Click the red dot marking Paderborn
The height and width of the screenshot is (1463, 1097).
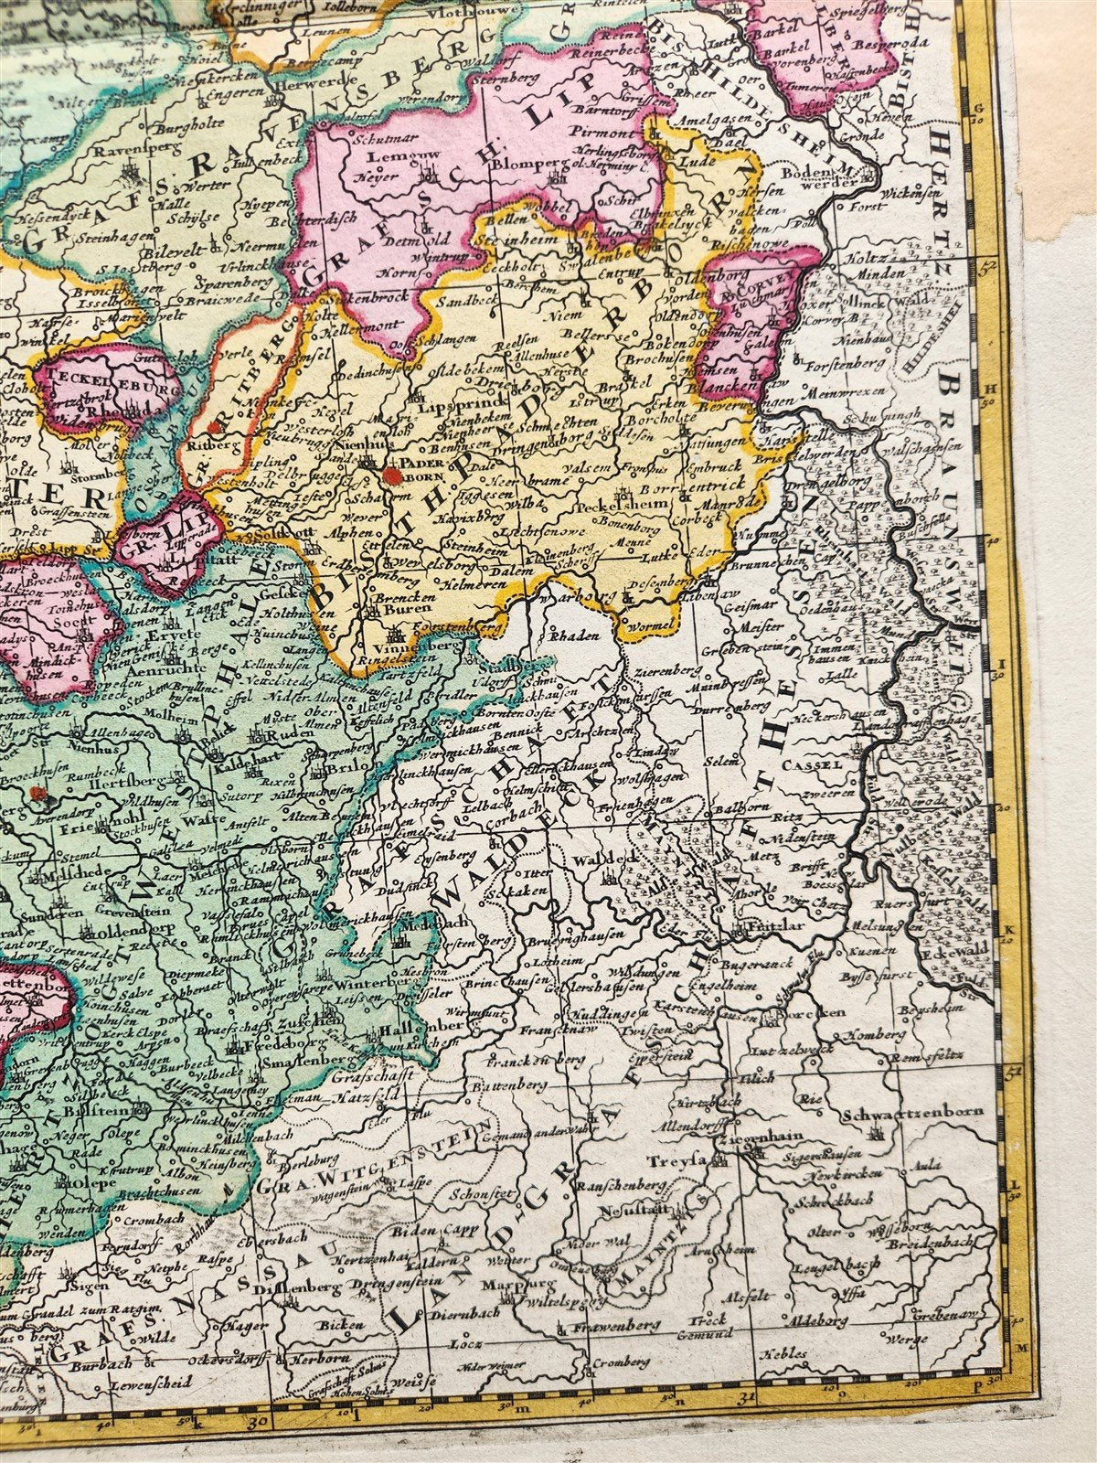coord(392,475)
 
